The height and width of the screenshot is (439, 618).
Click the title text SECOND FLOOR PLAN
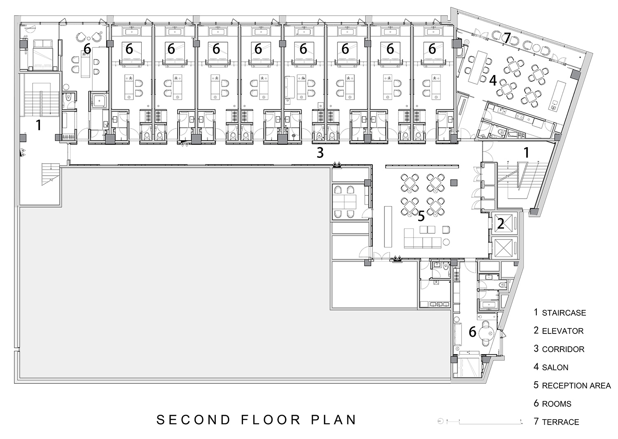[257, 420]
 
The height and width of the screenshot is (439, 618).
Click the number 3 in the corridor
[320, 153]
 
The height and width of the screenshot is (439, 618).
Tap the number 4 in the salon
[493, 80]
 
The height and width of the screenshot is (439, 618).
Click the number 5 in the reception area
[421, 216]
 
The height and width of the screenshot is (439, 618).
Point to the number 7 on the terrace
[507, 38]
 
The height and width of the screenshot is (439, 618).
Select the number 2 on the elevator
[501, 224]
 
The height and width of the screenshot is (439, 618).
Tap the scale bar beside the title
[480, 422]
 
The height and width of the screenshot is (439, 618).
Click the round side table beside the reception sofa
[446, 242]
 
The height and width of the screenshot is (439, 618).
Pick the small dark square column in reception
[454, 183]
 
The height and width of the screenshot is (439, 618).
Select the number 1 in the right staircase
[527, 153]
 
